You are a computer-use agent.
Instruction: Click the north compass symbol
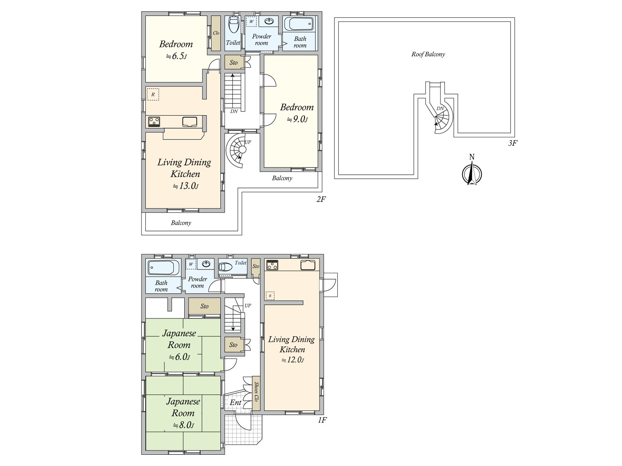pyautogui.click(x=472, y=173)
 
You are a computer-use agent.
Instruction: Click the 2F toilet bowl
pyautogui.click(x=234, y=24)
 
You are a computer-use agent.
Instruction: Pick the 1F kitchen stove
pyautogui.click(x=272, y=265)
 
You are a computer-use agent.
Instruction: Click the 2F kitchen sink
pyautogui.click(x=190, y=122)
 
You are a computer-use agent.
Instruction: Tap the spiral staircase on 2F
pyautogui.click(x=238, y=150)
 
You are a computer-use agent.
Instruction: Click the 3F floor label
pyautogui.click(x=512, y=143)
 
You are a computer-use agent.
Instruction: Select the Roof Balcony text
pyautogui.click(x=428, y=54)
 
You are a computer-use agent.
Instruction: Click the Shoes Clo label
pyautogui.click(x=256, y=391)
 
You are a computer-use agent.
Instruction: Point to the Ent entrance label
pyautogui.click(x=236, y=402)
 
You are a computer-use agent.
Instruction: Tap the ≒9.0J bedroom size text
pyautogui.click(x=297, y=119)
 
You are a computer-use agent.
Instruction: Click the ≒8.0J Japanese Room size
pyautogui.click(x=183, y=425)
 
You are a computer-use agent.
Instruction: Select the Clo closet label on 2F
pyautogui.click(x=216, y=33)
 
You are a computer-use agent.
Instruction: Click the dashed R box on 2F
pyautogui.click(x=153, y=94)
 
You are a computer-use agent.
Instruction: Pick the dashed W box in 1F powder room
pyautogui.click(x=191, y=264)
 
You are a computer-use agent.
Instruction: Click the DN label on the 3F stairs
pyautogui.click(x=440, y=108)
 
